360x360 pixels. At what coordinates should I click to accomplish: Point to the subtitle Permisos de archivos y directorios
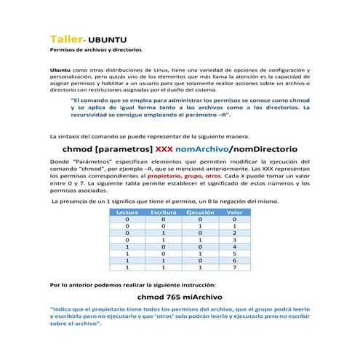95,51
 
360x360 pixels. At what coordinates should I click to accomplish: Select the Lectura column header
127,212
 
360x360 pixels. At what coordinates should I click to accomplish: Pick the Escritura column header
163,212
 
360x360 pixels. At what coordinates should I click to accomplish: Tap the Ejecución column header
199,212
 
